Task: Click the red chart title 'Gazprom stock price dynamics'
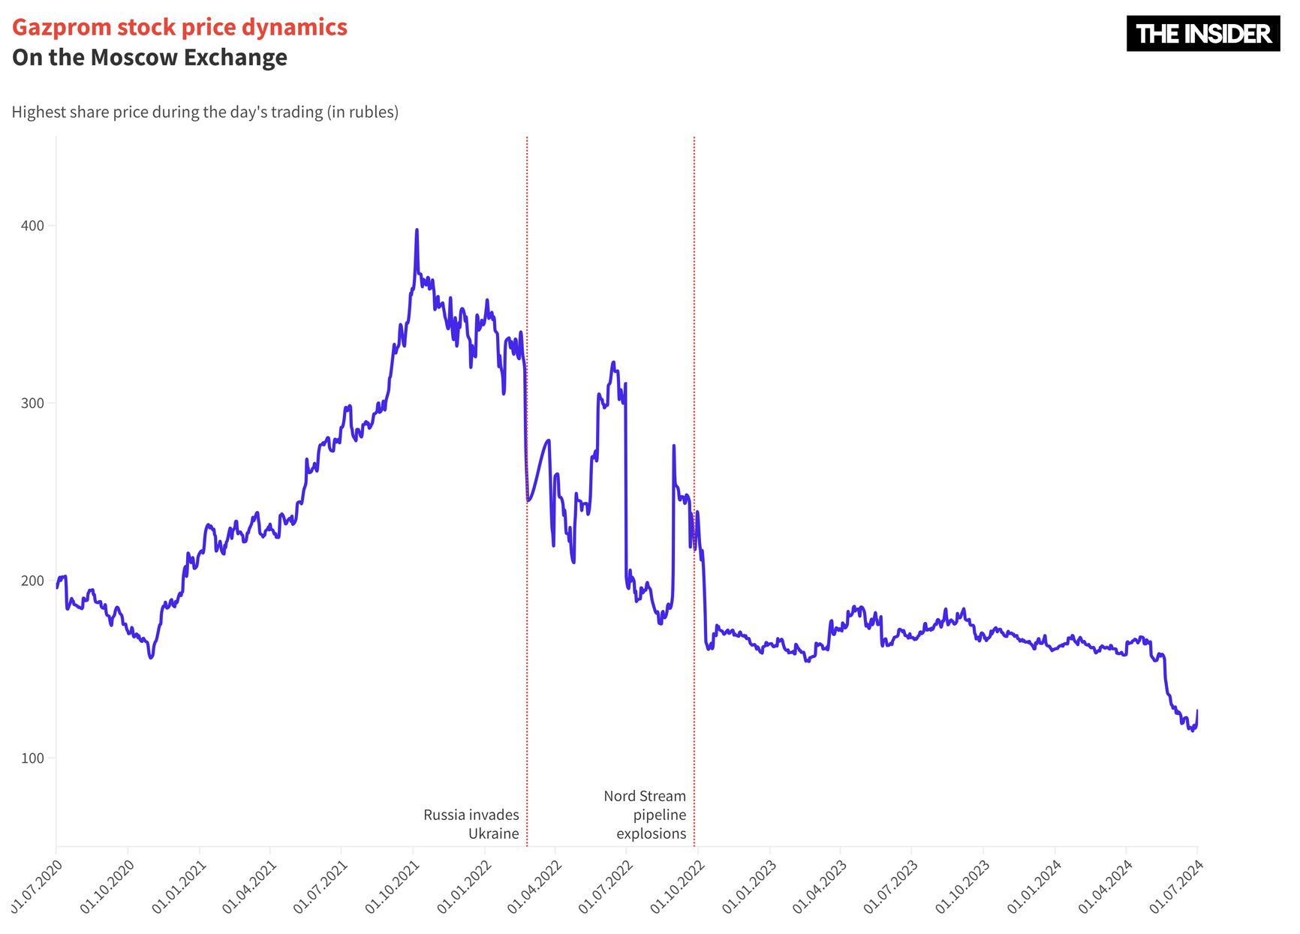pyautogui.click(x=179, y=27)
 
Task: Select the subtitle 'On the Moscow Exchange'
pyautogui.click(x=149, y=58)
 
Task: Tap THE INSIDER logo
pyautogui.click(x=1202, y=34)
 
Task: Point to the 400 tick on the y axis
pyautogui.click(x=32, y=226)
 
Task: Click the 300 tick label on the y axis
pyautogui.click(x=32, y=403)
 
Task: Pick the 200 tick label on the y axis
pyautogui.click(x=32, y=581)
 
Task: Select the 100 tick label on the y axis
pyautogui.click(x=32, y=758)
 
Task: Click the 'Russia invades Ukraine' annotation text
pyautogui.click(x=471, y=824)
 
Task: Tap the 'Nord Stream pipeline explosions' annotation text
pyautogui.click(x=645, y=815)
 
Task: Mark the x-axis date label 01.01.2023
pyautogui.click(x=749, y=887)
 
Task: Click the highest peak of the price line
pyautogui.click(x=417, y=230)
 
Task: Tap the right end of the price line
pyautogui.click(x=1196, y=710)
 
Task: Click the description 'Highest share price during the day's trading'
pyautogui.click(x=205, y=112)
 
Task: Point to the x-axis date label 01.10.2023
pyautogui.click(x=963, y=887)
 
